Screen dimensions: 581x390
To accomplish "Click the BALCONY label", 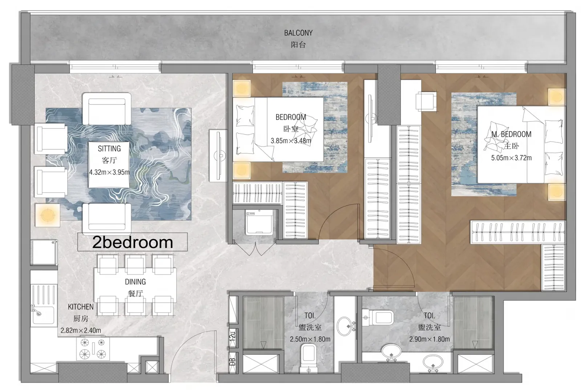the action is (298, 33).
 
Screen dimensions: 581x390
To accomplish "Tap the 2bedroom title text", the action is (133, 242).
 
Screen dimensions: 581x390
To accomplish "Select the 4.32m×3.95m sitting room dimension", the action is (109, 172).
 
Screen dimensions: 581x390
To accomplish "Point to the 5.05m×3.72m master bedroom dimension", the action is (511, 158).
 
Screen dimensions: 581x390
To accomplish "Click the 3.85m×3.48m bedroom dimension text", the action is (291, 141).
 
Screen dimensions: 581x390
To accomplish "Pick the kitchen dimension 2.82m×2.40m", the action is (81, 330).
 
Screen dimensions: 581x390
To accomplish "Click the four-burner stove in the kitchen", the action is (93, 349).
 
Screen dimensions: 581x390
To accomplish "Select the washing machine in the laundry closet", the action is (259, 222).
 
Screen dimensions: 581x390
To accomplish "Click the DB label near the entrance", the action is (233, 362).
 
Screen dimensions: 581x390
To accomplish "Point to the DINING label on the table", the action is (135, 282).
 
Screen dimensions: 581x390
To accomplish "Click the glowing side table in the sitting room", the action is (48, 215).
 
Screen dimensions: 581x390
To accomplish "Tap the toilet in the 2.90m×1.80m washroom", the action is (378, 317).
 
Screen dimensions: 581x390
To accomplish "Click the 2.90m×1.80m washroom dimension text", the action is (430, 339).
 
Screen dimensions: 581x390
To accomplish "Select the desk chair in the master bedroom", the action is (426, 101).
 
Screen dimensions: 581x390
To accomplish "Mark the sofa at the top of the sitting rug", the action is (107, 109).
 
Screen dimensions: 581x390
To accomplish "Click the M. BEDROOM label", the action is (511, 134).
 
